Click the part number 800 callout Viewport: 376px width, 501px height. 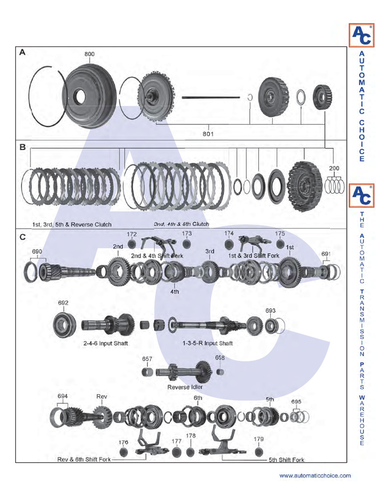(89, 54)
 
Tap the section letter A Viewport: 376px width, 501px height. (23, 52)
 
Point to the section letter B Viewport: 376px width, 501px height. (23, 146)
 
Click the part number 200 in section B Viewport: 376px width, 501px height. (334, 168)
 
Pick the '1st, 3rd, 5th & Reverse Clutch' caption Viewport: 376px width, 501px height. (72, 225)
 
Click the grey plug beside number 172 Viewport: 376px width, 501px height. (132, 244)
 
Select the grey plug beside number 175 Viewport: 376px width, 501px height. (280, 244)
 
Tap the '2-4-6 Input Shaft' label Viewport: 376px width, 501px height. (105, 343)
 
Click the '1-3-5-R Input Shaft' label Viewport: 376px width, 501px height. (208, 343)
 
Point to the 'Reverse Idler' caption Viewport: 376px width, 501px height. (185, 387)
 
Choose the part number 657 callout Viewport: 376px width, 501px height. (147, 359)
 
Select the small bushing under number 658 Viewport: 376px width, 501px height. (220, 372)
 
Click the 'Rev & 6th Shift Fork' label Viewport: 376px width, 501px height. (84, 459)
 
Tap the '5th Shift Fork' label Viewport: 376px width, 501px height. (286, 460)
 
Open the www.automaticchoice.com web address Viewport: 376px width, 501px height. (315, 476)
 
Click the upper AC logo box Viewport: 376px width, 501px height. (361, 36)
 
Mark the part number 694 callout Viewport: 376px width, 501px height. (62, 396)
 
